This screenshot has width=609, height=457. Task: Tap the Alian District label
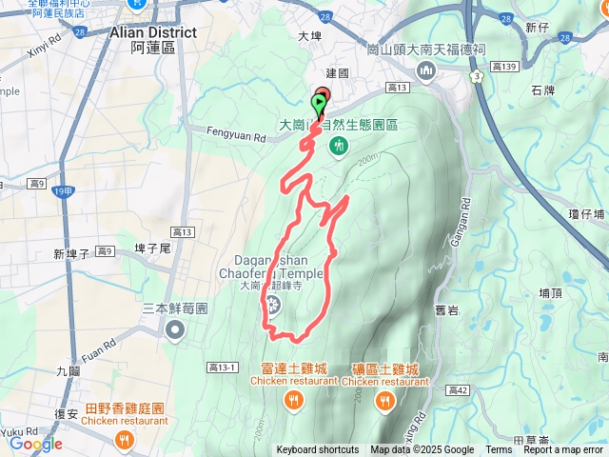(x=153, y=32)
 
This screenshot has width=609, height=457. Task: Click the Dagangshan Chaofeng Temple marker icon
(x=274, y=306)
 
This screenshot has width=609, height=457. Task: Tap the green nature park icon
(x=339, y=145)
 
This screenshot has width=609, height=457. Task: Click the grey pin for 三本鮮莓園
(x=175, y=330)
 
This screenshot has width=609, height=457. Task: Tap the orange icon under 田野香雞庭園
(x=123, y=439)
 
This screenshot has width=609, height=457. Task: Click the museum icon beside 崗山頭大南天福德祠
(x=425, y=70)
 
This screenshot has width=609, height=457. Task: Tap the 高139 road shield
(x=505, y=66)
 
